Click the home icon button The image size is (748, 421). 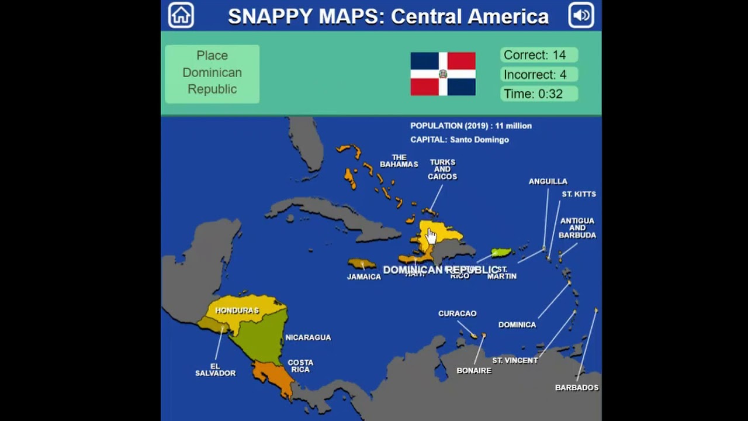point(181,15)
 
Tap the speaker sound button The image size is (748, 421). point(581,15)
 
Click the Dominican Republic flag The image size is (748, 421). point(443,74)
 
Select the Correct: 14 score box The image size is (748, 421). point(539,55)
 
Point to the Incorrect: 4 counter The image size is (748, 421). point(539,75)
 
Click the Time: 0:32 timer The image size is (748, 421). point(539,94)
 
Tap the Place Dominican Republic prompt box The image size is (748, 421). point(212,73)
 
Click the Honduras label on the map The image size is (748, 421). point(237,310)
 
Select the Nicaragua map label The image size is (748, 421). point(308,337)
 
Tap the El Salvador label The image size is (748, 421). point(215,370)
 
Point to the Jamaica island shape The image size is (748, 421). point(362,264)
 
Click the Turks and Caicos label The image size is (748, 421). point(442,170)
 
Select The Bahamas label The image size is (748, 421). point(399,161)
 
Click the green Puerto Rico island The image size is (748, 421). point(501,253)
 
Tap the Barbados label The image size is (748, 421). point(577,388)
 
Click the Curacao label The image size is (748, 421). point(457,313)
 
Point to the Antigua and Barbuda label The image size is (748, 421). point(577,228)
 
